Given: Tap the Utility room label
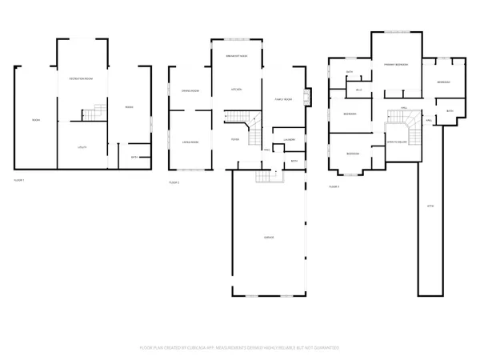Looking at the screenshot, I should point(82,147).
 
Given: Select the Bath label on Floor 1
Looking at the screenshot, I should point(134,157).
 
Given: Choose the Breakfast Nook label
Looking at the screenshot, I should point(235,55).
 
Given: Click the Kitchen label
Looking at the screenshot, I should point(237,88).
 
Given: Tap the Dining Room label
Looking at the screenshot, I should point(190,90).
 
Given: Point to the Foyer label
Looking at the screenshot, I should point(237,138).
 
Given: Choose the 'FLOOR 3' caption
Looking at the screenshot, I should point(334,186).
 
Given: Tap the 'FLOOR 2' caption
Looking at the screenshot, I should point(174,183).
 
